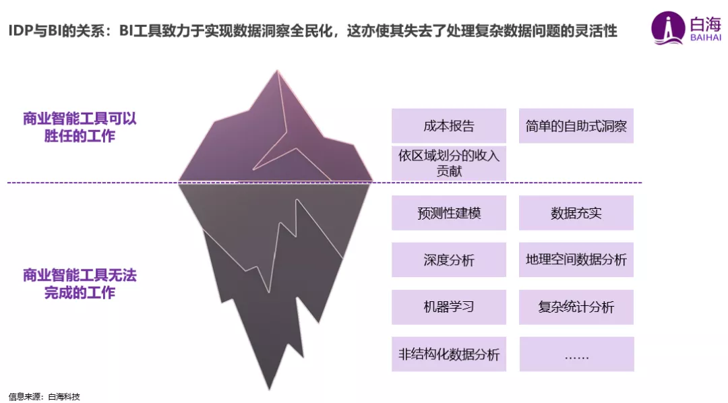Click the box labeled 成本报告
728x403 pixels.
point(448,126)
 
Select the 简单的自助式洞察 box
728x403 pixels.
point(576,126)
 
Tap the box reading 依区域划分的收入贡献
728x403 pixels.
point(448,163)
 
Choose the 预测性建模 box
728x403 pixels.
point(448,213)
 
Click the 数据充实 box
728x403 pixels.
point(576,213)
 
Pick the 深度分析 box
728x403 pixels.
point(448,260)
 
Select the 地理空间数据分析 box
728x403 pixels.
point(576,260)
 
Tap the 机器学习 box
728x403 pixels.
point(448,307)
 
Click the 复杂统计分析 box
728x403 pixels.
point(576,307)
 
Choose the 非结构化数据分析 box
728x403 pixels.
point(448,354)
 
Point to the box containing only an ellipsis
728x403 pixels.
point(576,354)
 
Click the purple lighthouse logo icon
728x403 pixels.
point(668,28)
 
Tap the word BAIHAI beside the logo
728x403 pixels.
point(706,38)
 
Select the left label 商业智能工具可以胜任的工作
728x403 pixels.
point(80,127)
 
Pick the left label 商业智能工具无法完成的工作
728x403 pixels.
point(80,284)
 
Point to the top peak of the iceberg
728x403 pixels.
point(276,71)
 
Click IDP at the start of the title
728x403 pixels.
point(21,31)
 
